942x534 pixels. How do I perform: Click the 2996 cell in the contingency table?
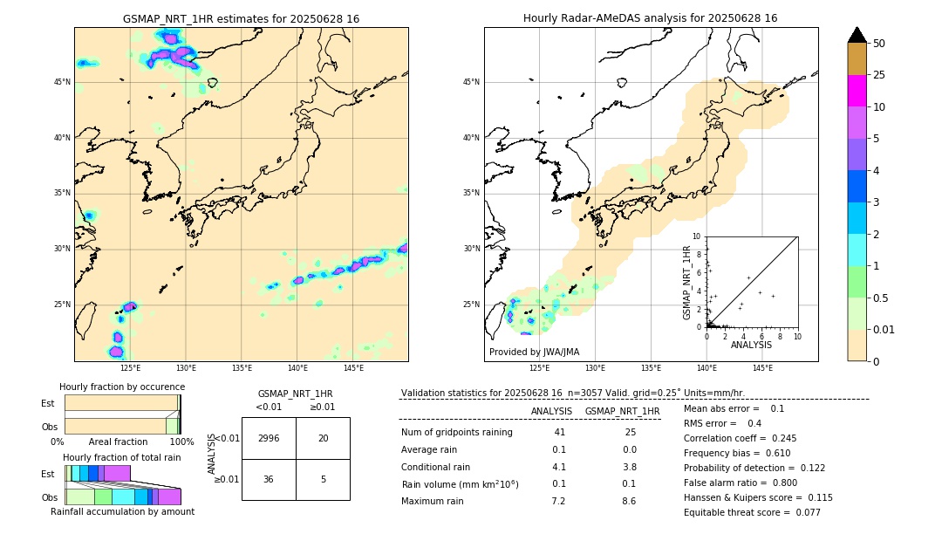pyautogui.click(x=269, y=438)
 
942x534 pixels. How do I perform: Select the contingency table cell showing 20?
pyautogui.click(x=323, y=438)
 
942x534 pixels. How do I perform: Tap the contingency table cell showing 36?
pyautogui.click(x=269, y=479)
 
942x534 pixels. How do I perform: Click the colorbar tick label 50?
pyautogui.click(x=879, y=43)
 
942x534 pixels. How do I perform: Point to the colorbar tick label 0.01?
pyautogui.click(x=884, y=329)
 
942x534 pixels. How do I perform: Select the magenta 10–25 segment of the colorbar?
pyautogui.click(x=857, y=91)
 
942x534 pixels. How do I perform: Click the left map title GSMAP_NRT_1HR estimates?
pyautogui.click(x=241, y=18)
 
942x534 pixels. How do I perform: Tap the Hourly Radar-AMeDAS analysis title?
pyautogui.click(x=650, y=18)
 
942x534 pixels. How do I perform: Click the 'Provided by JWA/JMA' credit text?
pyautogui.click(x=534, y=352)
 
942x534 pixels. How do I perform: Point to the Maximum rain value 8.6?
pyautogui.click(x=628, y=501)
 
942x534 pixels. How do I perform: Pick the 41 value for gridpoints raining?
pyautogui.click(x=559, y=433)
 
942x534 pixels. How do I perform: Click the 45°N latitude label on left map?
pyautogui.click(x=62, y=82)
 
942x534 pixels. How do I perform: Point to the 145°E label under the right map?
pyautogui.click(x=762, y=368)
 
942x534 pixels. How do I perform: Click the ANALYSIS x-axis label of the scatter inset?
pyautogui.click(x=751, y=345)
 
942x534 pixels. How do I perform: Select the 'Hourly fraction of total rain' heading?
pyautogui.click(x=122, y=457)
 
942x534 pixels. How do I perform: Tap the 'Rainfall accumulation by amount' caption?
pyautogui.click(x=122, y=511)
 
